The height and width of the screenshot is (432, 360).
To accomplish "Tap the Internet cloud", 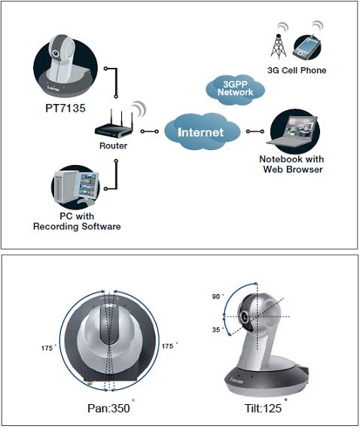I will pos(200,132).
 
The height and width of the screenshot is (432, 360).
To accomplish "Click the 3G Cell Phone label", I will pos(297,70).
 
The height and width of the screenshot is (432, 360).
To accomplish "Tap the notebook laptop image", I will pos(293,131).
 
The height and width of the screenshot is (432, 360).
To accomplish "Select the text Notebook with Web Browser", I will pos(291,164).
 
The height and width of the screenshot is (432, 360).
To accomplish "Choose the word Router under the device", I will pos(113,146).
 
